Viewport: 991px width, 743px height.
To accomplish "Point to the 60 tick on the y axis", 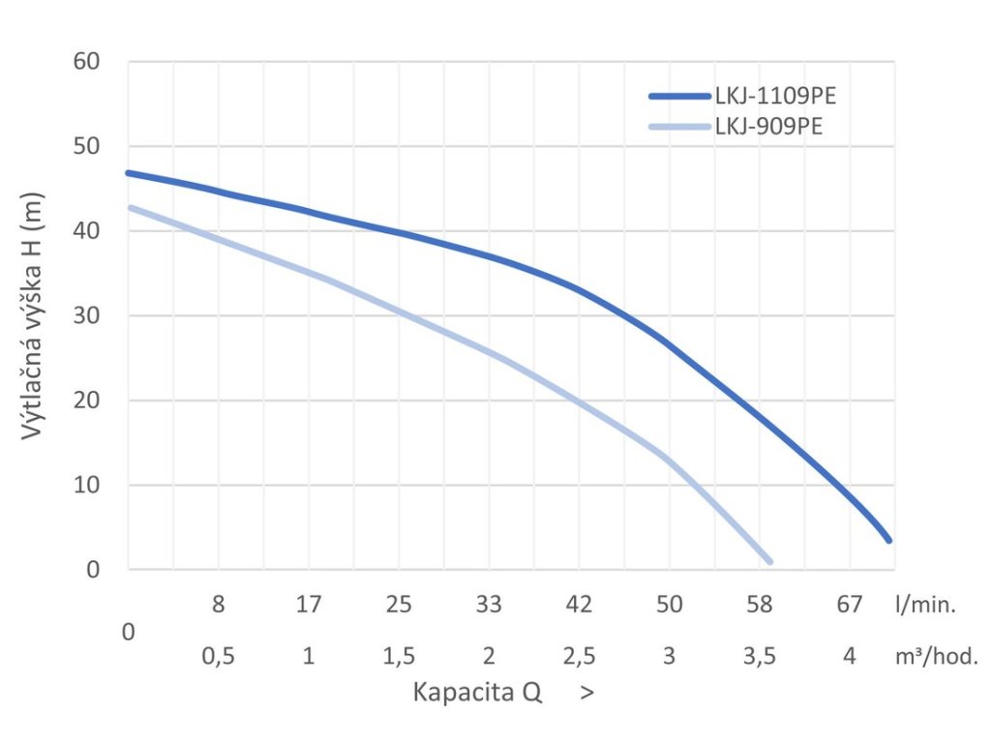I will (x=87, y=62).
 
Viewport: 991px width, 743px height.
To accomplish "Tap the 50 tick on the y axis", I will (x=87, y=146).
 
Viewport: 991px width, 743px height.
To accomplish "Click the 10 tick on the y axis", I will (x=87, y=485).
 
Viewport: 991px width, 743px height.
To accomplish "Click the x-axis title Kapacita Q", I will (x=478, y=693).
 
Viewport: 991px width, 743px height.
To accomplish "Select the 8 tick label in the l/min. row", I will (x=219, y=605).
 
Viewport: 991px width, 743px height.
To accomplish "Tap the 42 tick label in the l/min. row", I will (x=579, y=605).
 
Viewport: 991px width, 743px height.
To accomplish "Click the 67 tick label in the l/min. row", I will (x=849, y=605).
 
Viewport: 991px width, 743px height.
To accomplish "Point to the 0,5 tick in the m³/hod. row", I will (x=219, y=656).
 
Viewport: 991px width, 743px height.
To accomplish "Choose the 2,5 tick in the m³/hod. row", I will (x=579, y=656).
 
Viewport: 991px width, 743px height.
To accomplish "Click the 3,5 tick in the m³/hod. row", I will (x=760, y=656).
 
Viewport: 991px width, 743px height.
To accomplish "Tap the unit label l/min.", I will (x=925, y=606).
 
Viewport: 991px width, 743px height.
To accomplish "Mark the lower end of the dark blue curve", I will (x=887, y=540).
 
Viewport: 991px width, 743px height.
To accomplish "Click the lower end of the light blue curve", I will (x=769, y=561).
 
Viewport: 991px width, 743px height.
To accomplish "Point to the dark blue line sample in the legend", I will (x=680, y=96).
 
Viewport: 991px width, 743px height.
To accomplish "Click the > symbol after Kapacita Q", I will (x=586, y=693).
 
